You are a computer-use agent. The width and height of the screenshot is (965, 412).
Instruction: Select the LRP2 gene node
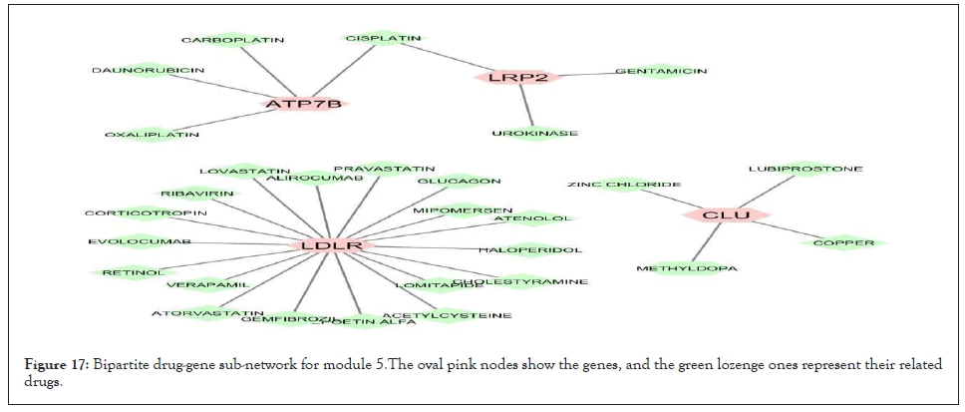(x=518, y=76)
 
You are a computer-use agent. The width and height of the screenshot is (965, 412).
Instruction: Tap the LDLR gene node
(x=331, y=244)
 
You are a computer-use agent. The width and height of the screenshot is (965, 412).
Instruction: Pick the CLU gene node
(x=727, y=214)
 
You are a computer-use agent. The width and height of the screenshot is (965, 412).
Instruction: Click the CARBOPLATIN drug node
(x=232, y=40)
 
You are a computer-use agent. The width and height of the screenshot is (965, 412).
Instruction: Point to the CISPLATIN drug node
(x=382, y=38)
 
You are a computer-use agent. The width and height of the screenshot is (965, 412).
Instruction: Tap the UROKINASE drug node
(x=534, y=133)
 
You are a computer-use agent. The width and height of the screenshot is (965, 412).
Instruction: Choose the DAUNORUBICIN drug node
(x=148, y=71)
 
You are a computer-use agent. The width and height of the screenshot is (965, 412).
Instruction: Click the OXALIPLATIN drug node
(x=152, y=134)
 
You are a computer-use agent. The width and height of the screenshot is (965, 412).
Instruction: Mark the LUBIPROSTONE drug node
(x=804, y=169)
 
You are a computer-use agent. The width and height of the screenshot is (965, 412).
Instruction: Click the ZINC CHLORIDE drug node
(x=624, y=185)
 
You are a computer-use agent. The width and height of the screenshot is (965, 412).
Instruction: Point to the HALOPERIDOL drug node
(x=529, y=249)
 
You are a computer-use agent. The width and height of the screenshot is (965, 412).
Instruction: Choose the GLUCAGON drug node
(x=459, y=181)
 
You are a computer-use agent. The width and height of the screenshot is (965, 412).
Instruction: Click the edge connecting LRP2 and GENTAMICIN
(x=586, y=74)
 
